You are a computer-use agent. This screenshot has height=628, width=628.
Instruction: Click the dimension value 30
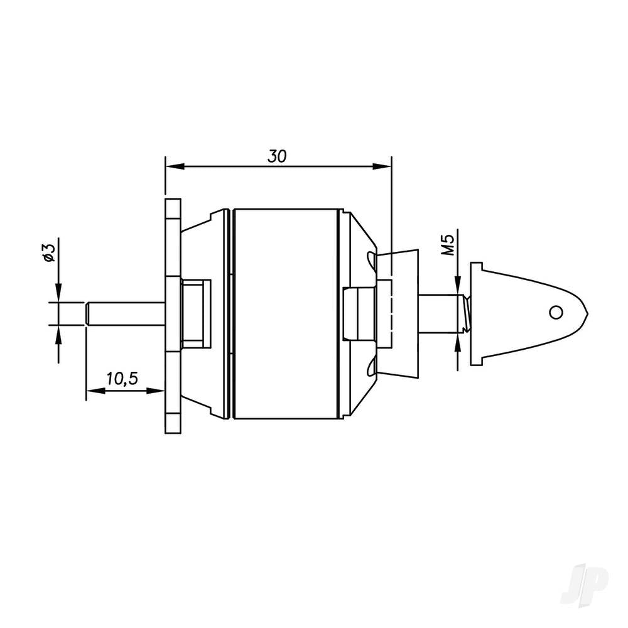pos(277,156)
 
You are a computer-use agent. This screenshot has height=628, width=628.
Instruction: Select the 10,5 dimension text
pos(122,379)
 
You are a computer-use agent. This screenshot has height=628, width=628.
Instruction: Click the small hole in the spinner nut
pos(555,311)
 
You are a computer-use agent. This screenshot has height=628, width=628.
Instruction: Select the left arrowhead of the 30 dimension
pos(173,166)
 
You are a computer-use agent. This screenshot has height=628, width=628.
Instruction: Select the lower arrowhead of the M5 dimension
pos(458,340)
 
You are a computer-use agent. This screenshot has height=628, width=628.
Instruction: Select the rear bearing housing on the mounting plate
pos(195,313)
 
